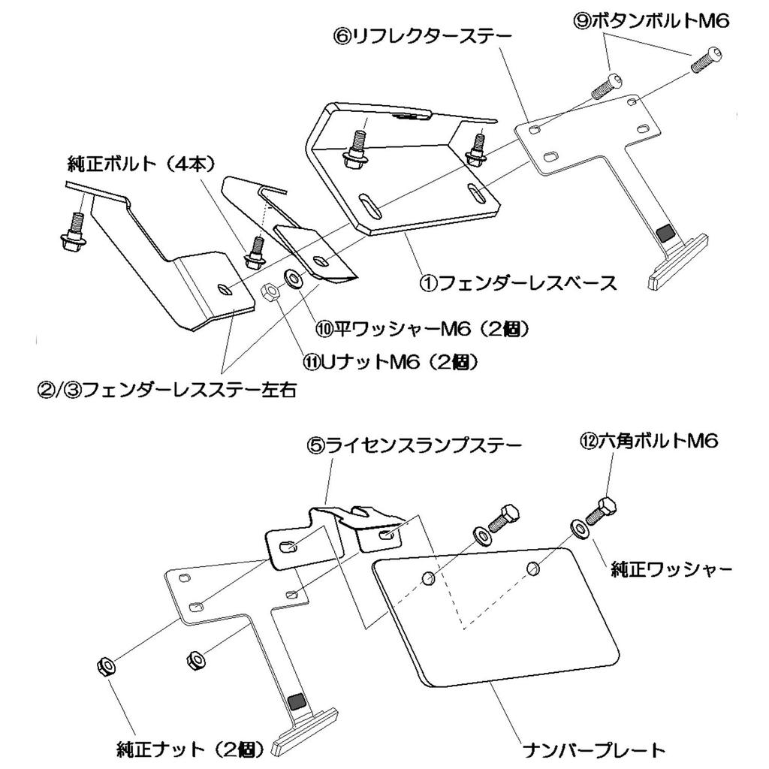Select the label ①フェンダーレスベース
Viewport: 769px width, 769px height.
[x=518, y=283]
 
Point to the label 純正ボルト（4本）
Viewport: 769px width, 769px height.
[x=140, y=162]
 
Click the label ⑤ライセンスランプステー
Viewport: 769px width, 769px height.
[x=414, y=445]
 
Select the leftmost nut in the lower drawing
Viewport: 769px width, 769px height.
[x=105, y=665]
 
